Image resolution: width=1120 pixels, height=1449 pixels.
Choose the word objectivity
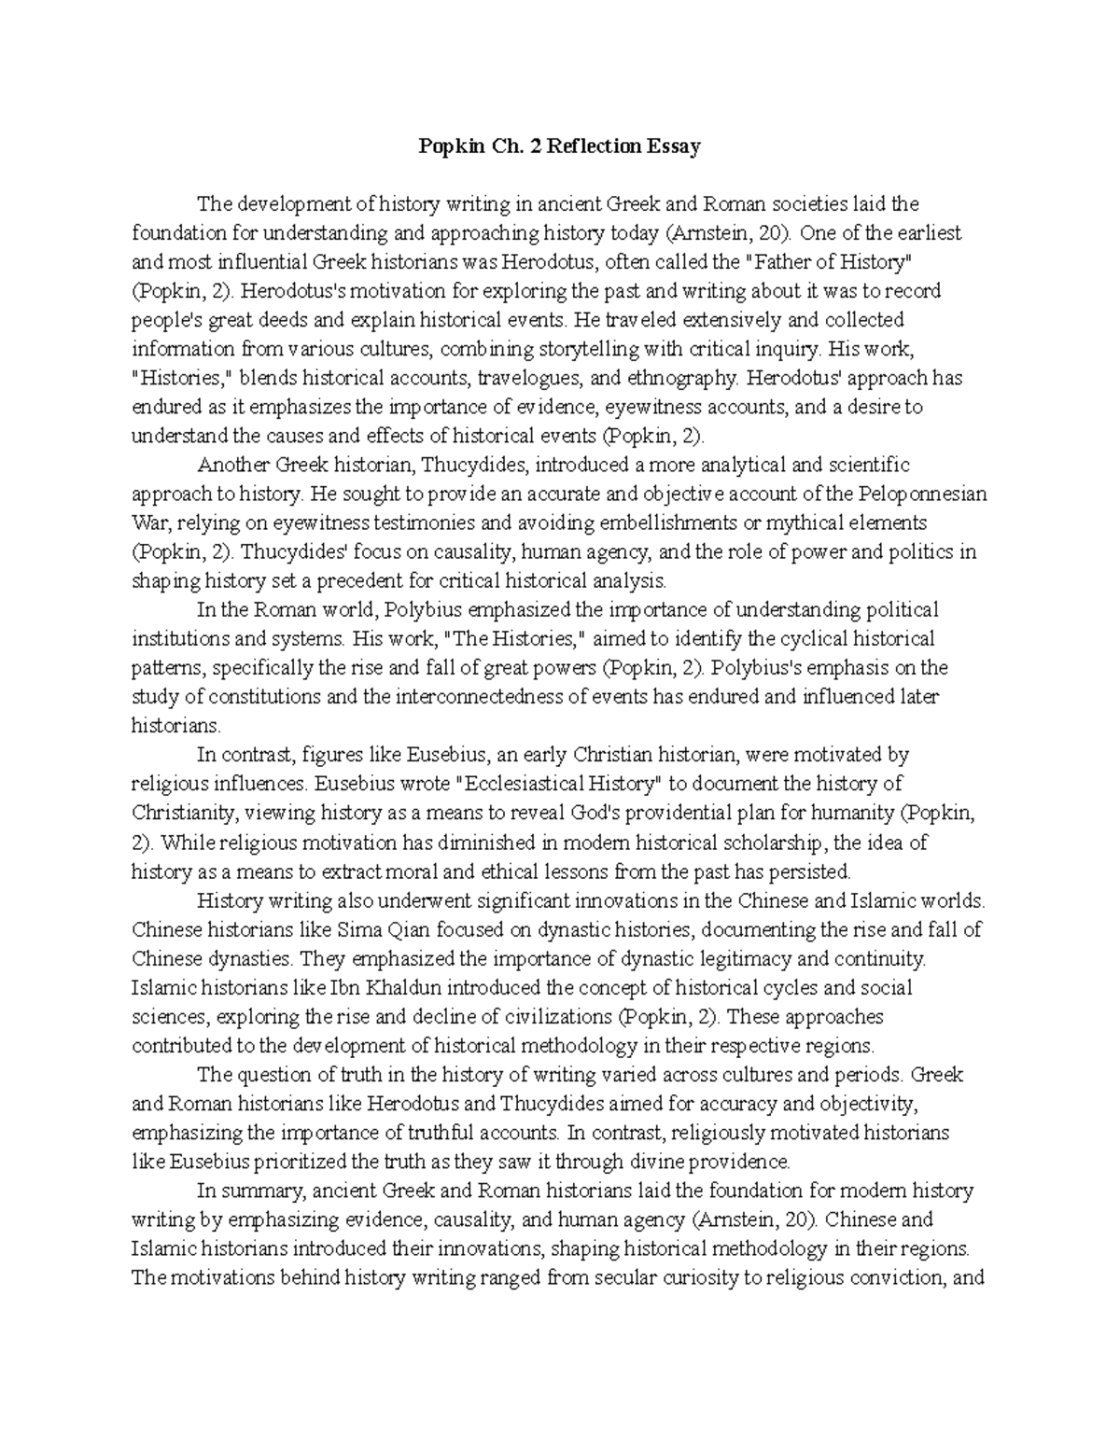(870, 1104)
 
